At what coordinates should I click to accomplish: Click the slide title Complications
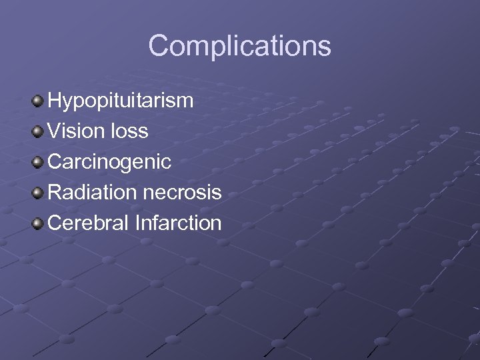[239, 46]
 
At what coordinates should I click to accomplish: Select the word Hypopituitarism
[121, 101]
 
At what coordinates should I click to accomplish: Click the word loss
[130, 131]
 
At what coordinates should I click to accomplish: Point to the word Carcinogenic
[110, 162]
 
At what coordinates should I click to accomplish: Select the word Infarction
[178, 223]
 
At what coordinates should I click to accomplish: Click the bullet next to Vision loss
[38, 132]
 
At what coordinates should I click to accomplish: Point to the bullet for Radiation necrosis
[38, 193]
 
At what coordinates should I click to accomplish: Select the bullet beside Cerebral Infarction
[38, 224]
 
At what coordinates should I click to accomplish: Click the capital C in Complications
[159, 46]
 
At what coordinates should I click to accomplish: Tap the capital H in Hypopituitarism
[55, 101]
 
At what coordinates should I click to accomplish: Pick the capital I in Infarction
[137, 223]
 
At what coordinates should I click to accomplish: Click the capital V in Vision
[55, 131]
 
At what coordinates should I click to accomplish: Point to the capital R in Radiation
[56, 193]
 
